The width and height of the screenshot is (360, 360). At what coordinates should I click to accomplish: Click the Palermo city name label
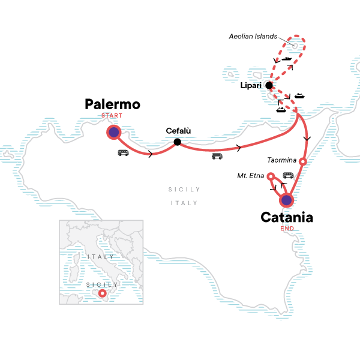coord(113,105)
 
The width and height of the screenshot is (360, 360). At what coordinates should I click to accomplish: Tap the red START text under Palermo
coord(113,116)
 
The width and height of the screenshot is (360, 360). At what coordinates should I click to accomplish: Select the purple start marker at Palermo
coord(113,132)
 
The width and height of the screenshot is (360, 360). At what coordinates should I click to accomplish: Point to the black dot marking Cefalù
coord(177,142)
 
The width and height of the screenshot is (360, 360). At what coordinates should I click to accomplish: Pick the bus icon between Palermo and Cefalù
coord(123,153)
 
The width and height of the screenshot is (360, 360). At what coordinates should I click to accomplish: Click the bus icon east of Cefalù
coord(217,157)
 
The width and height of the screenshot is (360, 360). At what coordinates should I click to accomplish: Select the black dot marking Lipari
coord(269,86)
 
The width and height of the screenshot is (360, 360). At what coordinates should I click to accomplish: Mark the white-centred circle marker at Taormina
coord(303,161)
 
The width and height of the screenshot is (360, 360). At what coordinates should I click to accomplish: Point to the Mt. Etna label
coord(252,176)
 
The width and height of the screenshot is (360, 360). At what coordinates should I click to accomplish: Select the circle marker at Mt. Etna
coord(271,176)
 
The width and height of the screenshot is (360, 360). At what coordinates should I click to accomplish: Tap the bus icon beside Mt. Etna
coord(288,175)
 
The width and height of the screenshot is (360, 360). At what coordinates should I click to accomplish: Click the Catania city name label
coord(287,218)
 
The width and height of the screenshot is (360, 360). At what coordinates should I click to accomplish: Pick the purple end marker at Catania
coord(287,200)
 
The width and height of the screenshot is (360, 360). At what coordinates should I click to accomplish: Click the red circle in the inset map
coord(103,293)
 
